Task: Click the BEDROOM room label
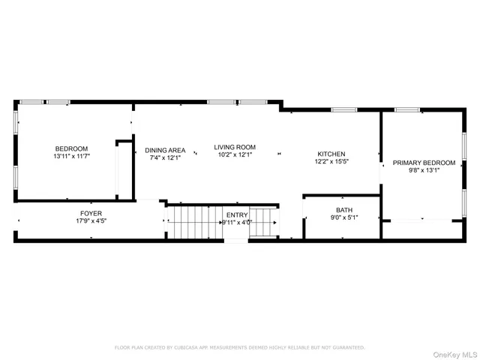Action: [x=71, y=148]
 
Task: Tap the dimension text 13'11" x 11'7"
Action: [x=71, y=157]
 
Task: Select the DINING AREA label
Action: [x=165, y=150]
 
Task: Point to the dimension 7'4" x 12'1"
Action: [x=165, y=158]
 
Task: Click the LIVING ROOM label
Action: [x=235, y=147]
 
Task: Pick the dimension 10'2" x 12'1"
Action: [x=235, y=155]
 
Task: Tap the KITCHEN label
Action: [x=331, y=154]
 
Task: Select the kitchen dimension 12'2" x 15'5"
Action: [x=331, y=161]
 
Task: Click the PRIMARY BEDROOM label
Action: [x=424, y=163]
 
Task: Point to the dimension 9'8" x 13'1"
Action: [x=424, y=170]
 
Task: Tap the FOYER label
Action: [x=91, y=214]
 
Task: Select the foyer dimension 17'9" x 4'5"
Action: [x=91, y=221]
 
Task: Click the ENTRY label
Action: [x=236, y=215]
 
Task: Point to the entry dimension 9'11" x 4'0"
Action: [x=236, y=223]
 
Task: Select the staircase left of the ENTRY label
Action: [x=193, y=221]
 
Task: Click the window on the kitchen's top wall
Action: [x=343, y=110]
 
